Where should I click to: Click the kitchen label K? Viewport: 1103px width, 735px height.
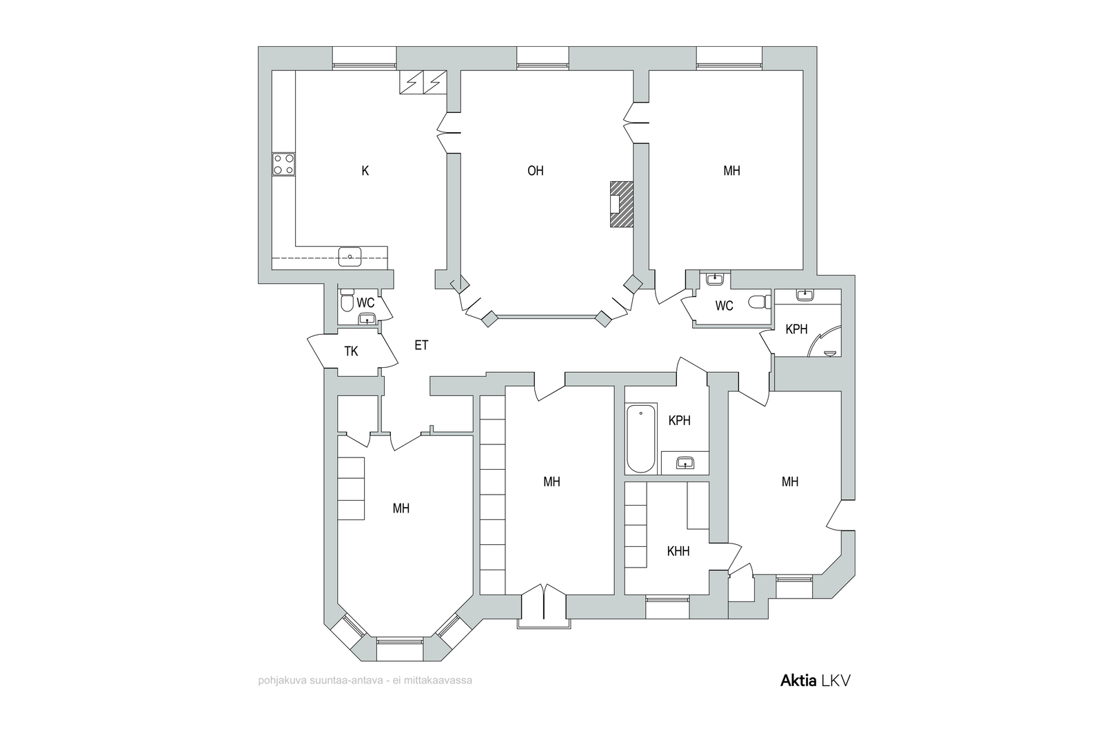(365, 171)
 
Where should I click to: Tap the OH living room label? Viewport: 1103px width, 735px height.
(535, 171)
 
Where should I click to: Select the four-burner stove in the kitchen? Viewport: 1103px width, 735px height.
(284, 165)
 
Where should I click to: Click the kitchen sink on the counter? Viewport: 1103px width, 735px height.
(350, 257)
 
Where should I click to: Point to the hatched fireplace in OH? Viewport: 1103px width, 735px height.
(622, 204)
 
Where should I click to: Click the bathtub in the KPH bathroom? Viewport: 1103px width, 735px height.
(640, 439)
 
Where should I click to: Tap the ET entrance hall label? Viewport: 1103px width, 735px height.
(421, 345)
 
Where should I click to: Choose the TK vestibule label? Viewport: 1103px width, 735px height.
(351, 351)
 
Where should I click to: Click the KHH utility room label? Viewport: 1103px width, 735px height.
(678, 552)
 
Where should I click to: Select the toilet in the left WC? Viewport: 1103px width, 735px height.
(347, 300)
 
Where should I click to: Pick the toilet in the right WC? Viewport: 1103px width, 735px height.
(760, 302)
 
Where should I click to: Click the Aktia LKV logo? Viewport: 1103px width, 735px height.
(816, 681)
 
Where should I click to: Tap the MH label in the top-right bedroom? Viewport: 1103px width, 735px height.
(731, 171)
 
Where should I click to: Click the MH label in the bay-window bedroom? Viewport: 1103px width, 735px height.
(401, 508)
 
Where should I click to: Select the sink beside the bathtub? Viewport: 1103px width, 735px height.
(685, 463)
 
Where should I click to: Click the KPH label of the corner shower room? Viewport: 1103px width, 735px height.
(796, 329)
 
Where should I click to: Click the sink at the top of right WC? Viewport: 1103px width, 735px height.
(714, 279)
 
